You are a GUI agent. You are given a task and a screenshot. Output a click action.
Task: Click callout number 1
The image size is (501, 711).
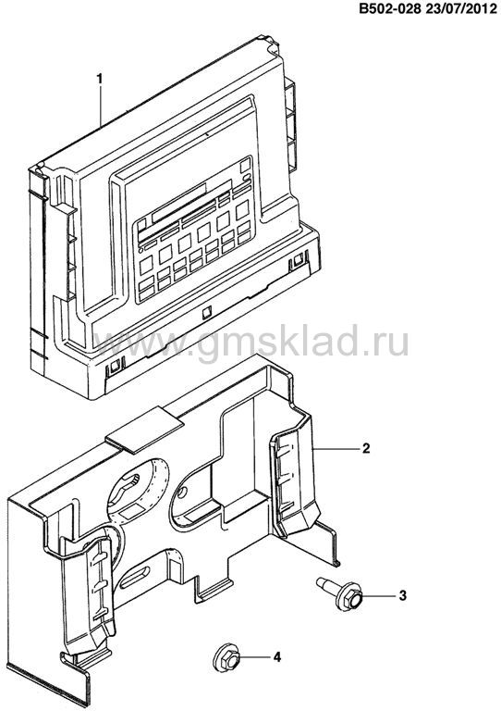click(99, 79)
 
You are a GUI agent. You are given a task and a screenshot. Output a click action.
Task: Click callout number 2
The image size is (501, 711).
click(366, 448)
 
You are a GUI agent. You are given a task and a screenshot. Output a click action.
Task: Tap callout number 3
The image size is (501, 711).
click(402, 595)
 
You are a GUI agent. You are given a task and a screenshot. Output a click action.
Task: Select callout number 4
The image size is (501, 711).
click(276, 656)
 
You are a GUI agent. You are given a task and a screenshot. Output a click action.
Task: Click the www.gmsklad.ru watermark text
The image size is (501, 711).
click(251, 343)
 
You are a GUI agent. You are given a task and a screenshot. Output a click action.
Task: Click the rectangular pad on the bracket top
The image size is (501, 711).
click(144, 429)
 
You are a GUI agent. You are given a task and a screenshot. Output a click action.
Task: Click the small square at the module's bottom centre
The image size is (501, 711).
click(206, 311)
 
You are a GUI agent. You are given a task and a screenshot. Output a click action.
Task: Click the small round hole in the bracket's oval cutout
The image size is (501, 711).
click(182, 492)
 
